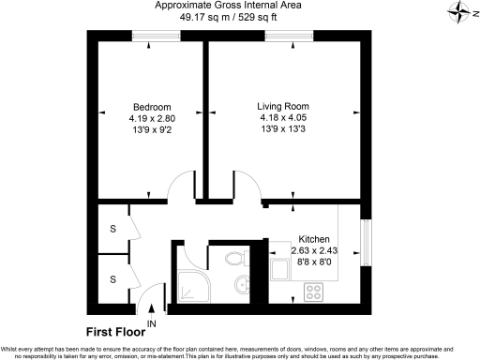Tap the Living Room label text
point(283,106)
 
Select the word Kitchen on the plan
point(313,239)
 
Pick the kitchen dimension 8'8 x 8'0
point(313,263)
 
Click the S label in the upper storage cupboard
point(112,228)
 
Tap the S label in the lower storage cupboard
point(112,278)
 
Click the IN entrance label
point(151,323)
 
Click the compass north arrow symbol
point(460,11)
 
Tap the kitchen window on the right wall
point(367,241)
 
